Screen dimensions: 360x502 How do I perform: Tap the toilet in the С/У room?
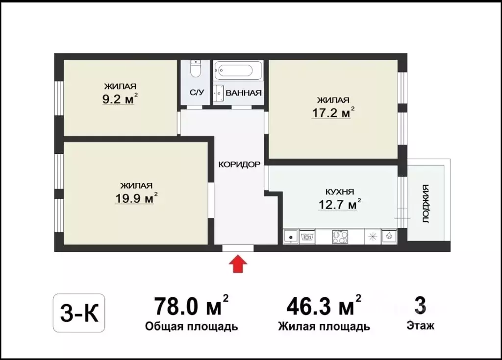click(x=196, y=69)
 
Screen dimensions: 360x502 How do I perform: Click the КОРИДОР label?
click(x=239, y=165)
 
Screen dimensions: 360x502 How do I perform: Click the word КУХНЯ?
click(x=340, y=192)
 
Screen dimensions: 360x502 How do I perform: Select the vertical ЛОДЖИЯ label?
click(x=425, y=204)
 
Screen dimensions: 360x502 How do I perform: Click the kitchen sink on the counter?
click(x=291, y=237)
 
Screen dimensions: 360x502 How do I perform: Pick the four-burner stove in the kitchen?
click(x=340, y=237)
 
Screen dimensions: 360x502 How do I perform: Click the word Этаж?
click(x=420, y=325)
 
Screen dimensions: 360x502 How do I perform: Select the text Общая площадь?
click(x=192, y=326)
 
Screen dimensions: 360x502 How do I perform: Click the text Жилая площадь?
click(x=324, y=326)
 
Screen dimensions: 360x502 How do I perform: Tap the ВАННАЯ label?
click(x=244, y=93)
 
